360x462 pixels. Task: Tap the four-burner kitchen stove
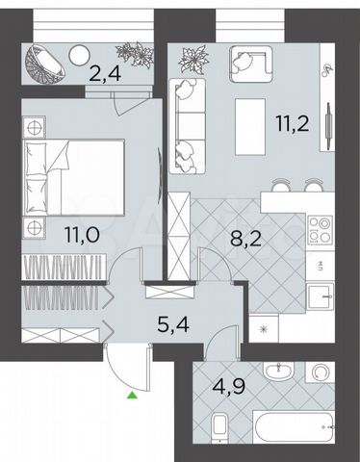[x=317, y=228]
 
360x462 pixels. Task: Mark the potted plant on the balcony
[x=133, y=53]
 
